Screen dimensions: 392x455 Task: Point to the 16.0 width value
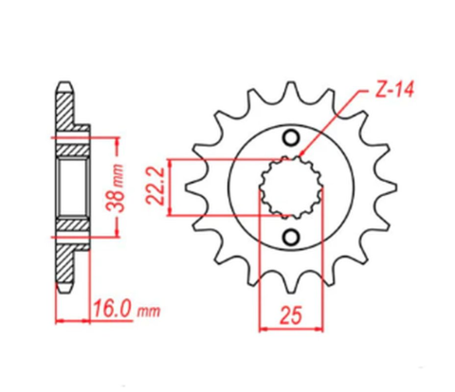[114, 309]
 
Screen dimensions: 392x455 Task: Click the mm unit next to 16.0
[147, 311]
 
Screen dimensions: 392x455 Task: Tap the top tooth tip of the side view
[64, 86]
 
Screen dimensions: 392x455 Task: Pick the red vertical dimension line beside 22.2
[172, 186]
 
